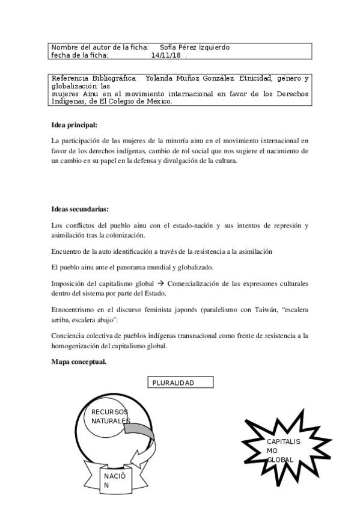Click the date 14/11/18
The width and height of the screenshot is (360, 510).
point(166,55)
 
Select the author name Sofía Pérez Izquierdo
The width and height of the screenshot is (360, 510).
point(195,48)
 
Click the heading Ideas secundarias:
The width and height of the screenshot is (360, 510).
point(81,209)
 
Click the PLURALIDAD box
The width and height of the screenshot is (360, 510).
point(180,382)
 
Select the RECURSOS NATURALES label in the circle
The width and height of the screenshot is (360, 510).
point(111,416)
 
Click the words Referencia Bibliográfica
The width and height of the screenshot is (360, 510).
point(94,78)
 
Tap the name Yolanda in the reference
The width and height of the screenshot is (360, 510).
point(159,78)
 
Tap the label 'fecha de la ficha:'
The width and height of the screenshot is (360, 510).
point(80,55)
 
